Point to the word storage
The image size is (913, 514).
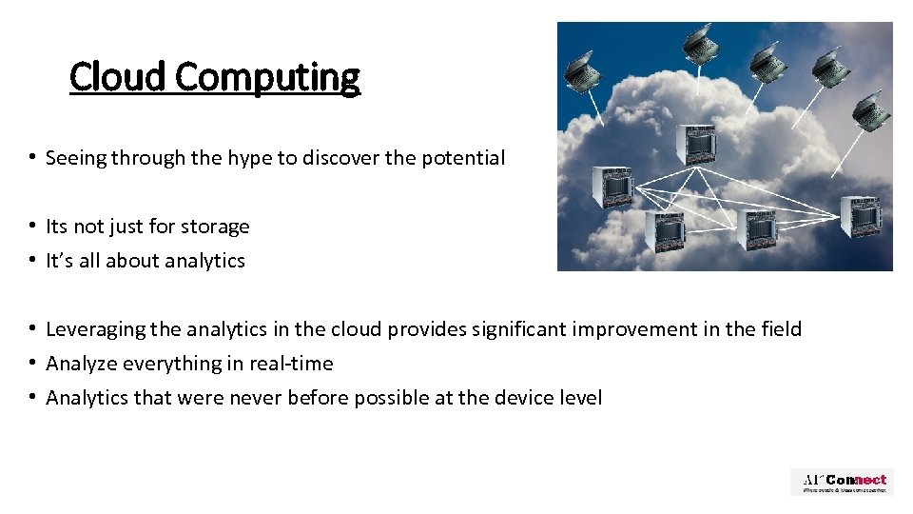(x=213, y=227)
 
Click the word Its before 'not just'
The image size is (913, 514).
(x=57, y=227)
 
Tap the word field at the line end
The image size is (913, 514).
(x=781, y=329)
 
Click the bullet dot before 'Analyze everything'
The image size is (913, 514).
(x=32, y=364)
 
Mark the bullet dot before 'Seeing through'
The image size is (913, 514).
(x=32, y=158)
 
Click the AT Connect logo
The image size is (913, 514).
(x=842, y=482)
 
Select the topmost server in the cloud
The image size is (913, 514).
(x=694, y=144)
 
